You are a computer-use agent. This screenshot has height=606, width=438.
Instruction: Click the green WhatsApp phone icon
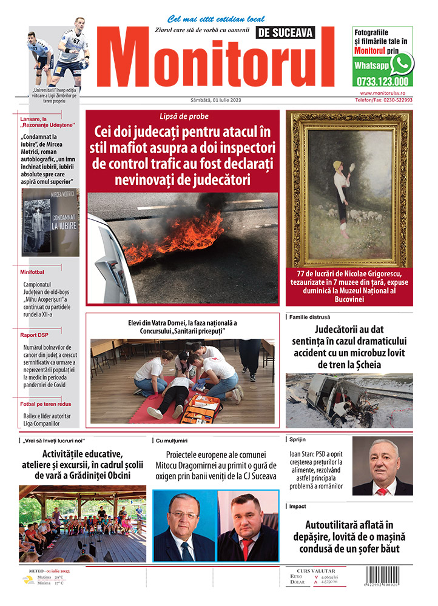[402, 64]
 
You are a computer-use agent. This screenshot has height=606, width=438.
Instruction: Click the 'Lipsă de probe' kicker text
[183, 116]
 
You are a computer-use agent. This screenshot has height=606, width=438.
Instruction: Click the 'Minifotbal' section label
[36, 272]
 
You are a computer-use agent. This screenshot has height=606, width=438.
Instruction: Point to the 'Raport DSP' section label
[36, 334]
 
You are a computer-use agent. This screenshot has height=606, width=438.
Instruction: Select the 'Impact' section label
[298, 506]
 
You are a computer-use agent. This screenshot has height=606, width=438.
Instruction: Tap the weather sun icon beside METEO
[27, 580]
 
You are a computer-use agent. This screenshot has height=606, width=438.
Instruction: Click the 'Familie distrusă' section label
[309, 317]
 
